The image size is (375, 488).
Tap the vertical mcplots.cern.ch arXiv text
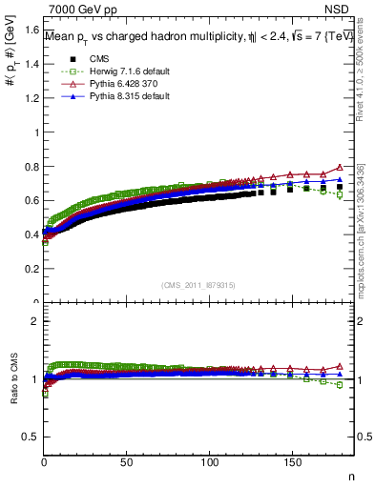click(x=361, y=224)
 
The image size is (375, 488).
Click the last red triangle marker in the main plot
click(x=340, y=167)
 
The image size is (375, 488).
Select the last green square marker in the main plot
click(x=340, y=194)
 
